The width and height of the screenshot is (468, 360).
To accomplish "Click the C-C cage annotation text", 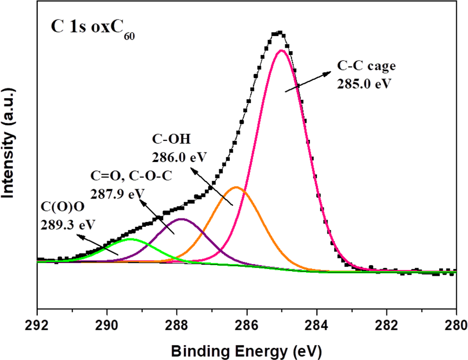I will (366, 66).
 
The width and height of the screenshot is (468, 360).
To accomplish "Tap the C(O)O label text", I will (61, 210).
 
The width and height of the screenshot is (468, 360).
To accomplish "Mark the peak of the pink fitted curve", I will (281, 50).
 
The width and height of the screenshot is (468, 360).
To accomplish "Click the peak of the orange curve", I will (236, 187).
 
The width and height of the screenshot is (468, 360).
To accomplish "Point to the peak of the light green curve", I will (130, 239).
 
